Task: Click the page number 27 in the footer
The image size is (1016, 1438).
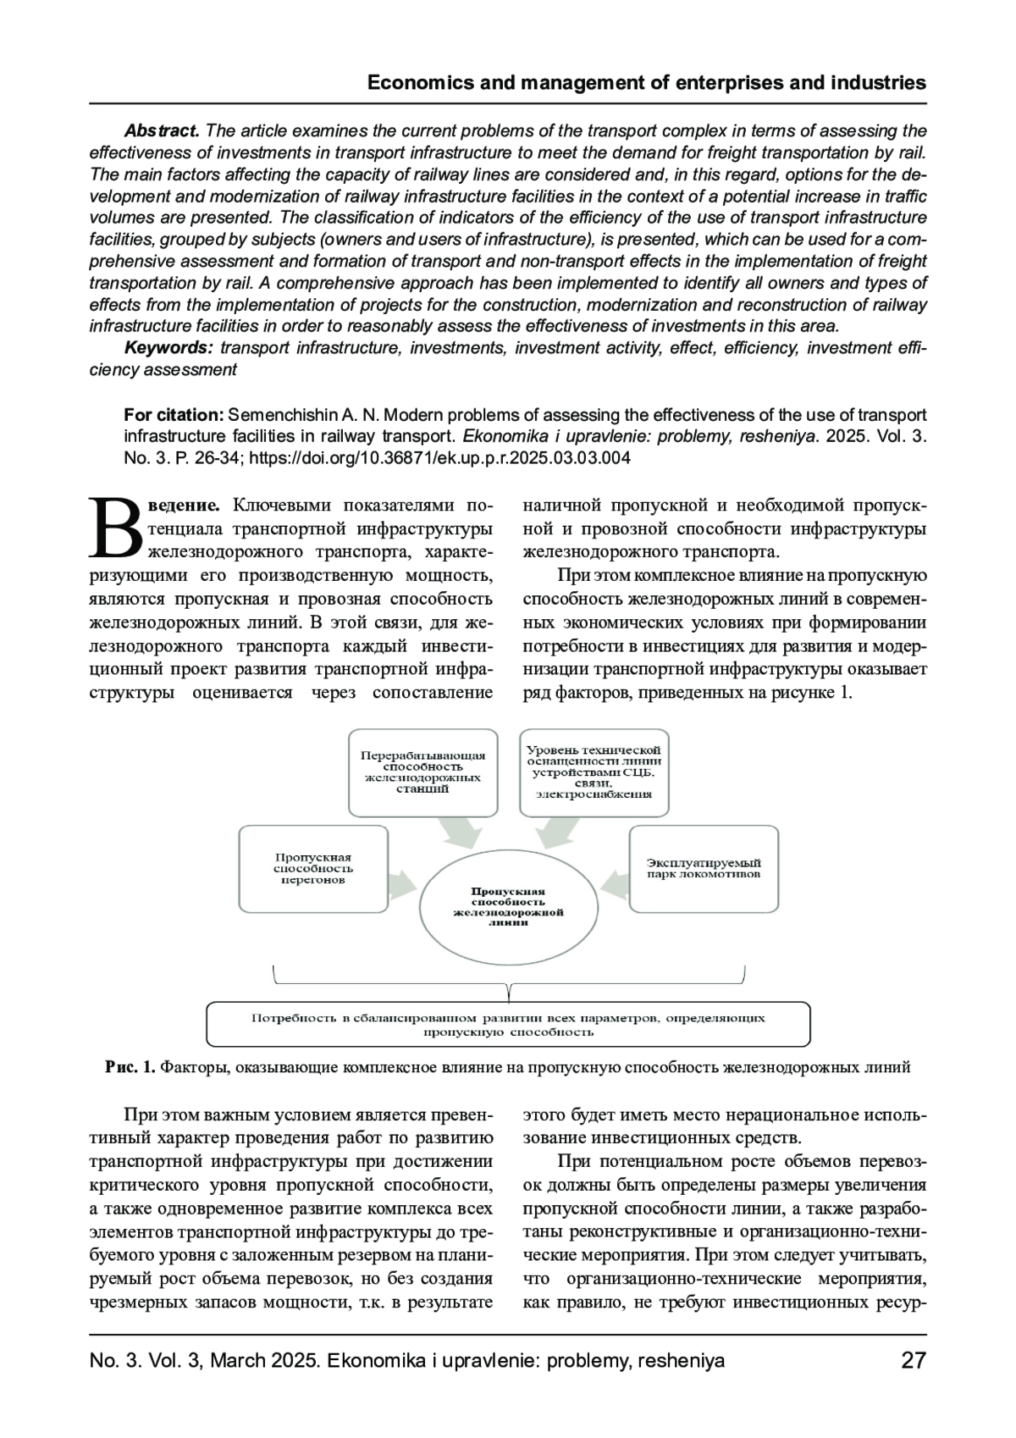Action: [x=914, y=1361]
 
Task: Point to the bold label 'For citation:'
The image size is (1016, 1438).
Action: [x=174, y=415]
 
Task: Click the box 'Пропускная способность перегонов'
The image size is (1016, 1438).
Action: [x=313, y=869]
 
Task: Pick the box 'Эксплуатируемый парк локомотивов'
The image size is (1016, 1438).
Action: [x=704, y=869]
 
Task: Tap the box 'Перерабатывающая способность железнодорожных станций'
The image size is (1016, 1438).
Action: [x=423, y=771]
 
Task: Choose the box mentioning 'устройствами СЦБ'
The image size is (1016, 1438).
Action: [x=594, y=772]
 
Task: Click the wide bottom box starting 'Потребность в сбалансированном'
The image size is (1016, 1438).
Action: [x=508, y=1025]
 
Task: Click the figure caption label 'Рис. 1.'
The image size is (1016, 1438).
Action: [x=130, y=1067]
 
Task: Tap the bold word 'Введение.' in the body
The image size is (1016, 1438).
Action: [x=185, y=506]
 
